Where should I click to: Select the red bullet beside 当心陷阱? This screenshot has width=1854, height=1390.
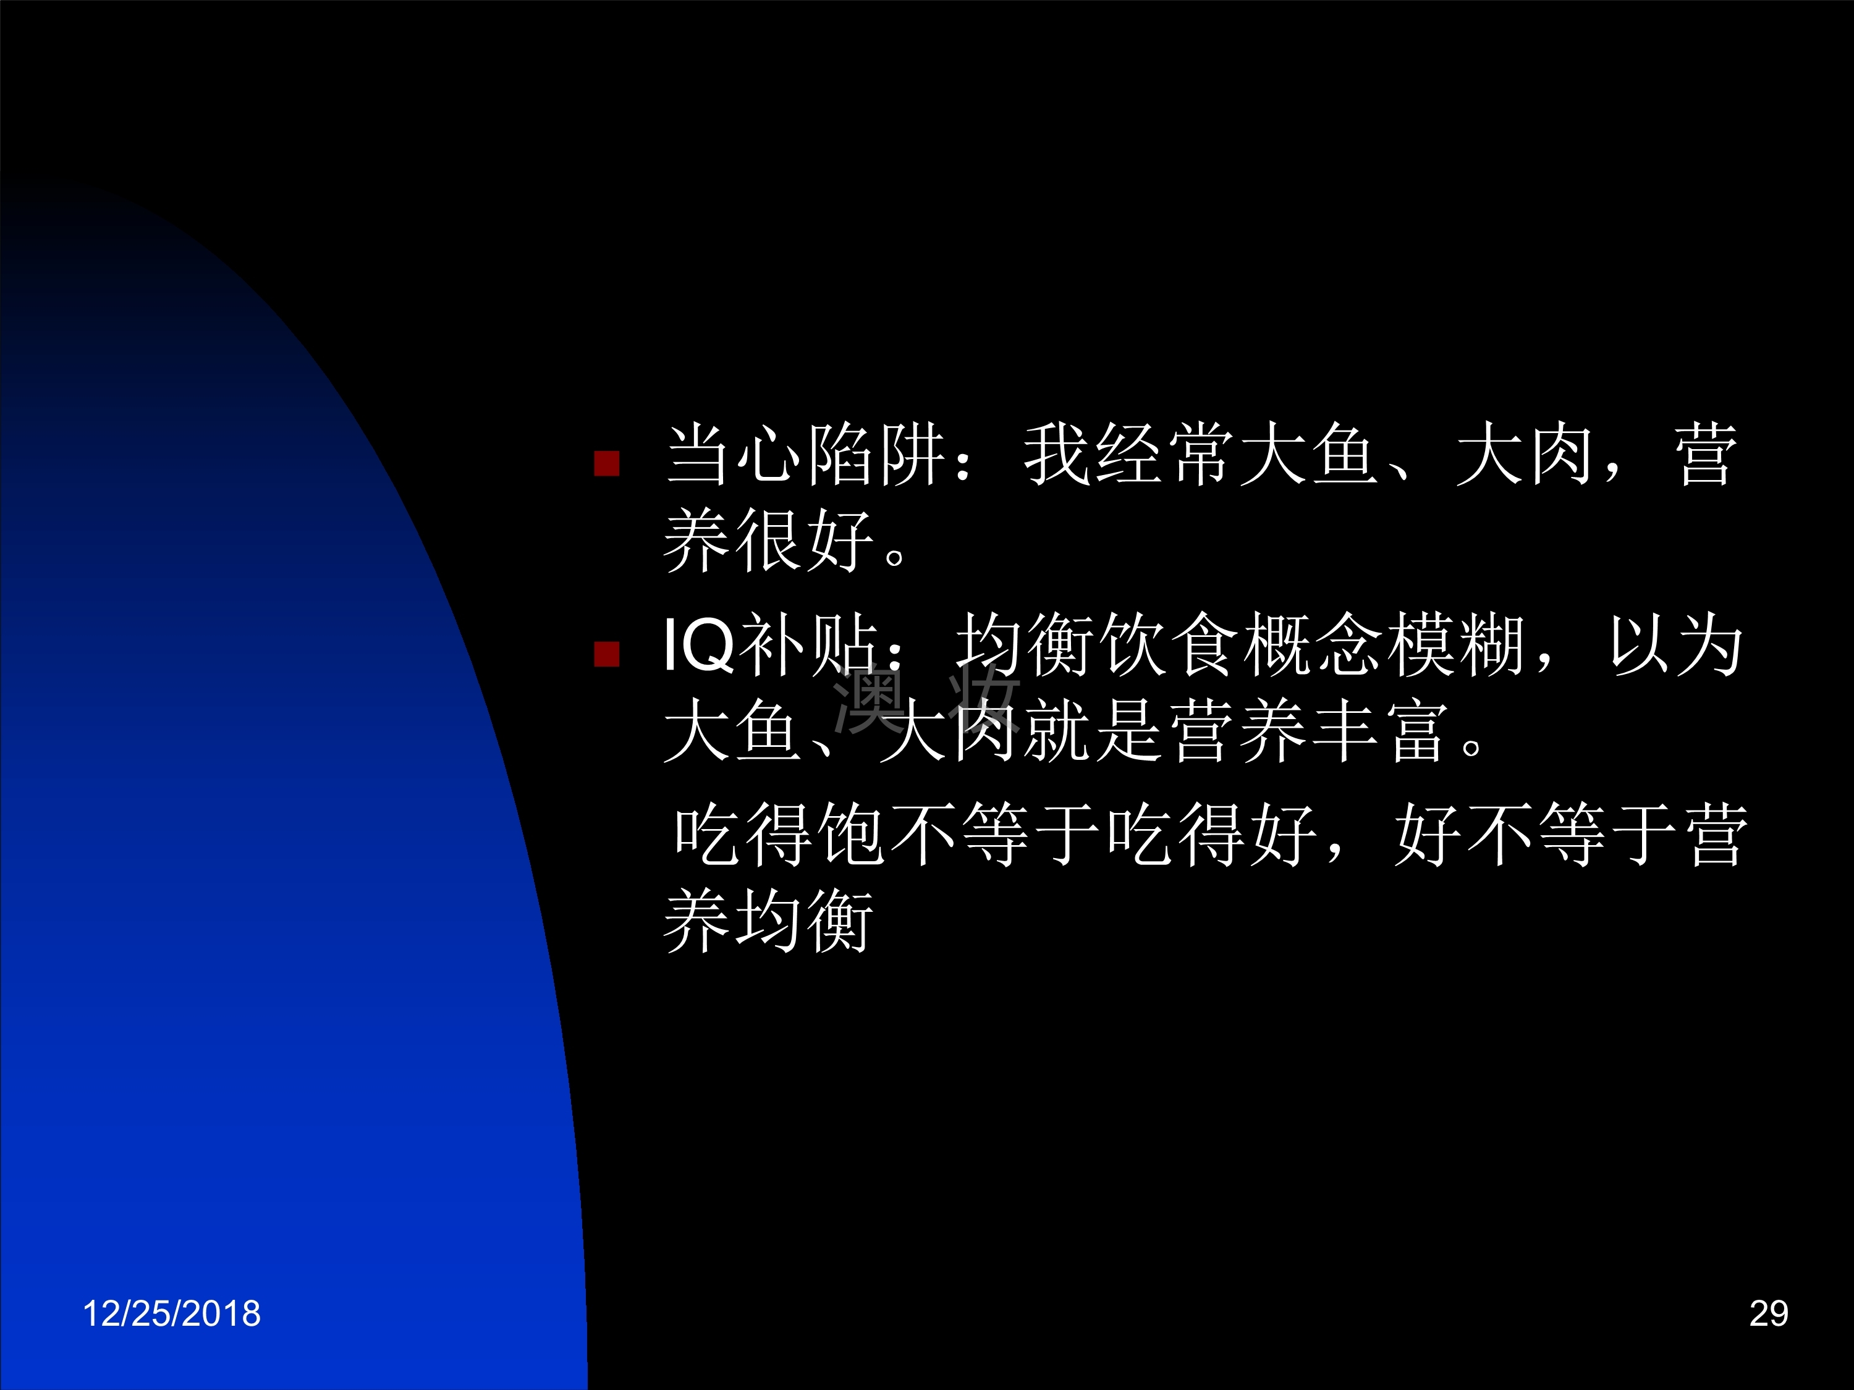(x=607, y=463)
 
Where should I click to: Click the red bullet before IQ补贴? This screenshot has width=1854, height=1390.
(x=607, y=654)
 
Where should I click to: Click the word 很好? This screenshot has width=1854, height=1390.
(x=805, y=541)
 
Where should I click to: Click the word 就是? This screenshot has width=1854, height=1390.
(x=1094, y=731)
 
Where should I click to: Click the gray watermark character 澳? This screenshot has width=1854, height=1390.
(x=868, y=698)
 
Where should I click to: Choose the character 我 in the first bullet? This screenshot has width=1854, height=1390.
(x=1058, y=455)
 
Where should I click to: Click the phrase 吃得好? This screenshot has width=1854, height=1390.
(x=1211, y=835)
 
